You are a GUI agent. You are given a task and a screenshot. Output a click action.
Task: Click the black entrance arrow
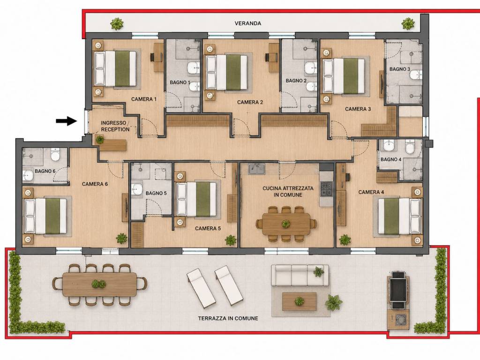point(66,121)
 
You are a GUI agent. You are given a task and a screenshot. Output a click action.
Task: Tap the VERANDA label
point(247,23)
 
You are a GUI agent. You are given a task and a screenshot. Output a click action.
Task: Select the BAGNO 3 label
point(399,69)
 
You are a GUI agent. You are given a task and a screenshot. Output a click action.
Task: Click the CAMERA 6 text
point(95,184)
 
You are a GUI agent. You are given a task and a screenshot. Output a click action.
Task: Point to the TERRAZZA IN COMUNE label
point(228,318)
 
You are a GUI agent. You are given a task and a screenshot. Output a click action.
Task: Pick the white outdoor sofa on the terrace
point(300,275)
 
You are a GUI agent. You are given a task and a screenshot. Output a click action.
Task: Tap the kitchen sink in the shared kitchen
point(256,169)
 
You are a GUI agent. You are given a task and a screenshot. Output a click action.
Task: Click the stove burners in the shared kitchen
point(326,189)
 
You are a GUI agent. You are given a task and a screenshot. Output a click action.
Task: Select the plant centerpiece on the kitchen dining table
point(285,224)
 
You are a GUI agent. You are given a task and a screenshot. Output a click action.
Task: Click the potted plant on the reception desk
point(100,140)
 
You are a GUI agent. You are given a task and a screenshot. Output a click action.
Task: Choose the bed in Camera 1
point(115,68)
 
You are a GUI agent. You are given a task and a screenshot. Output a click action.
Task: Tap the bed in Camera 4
point(399,216)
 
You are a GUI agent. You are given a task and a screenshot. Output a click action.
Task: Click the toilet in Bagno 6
point(55,155)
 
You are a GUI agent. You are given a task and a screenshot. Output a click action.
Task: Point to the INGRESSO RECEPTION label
point(115,126)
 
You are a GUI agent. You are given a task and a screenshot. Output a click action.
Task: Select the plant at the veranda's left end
point(117,23)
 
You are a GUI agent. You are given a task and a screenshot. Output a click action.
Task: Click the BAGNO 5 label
point(156,193)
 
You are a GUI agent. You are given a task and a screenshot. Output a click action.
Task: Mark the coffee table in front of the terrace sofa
point(299,301)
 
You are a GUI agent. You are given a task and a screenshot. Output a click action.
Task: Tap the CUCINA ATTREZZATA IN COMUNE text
point(288,192)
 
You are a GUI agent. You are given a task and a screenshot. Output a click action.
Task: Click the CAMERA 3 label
point(358,109)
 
